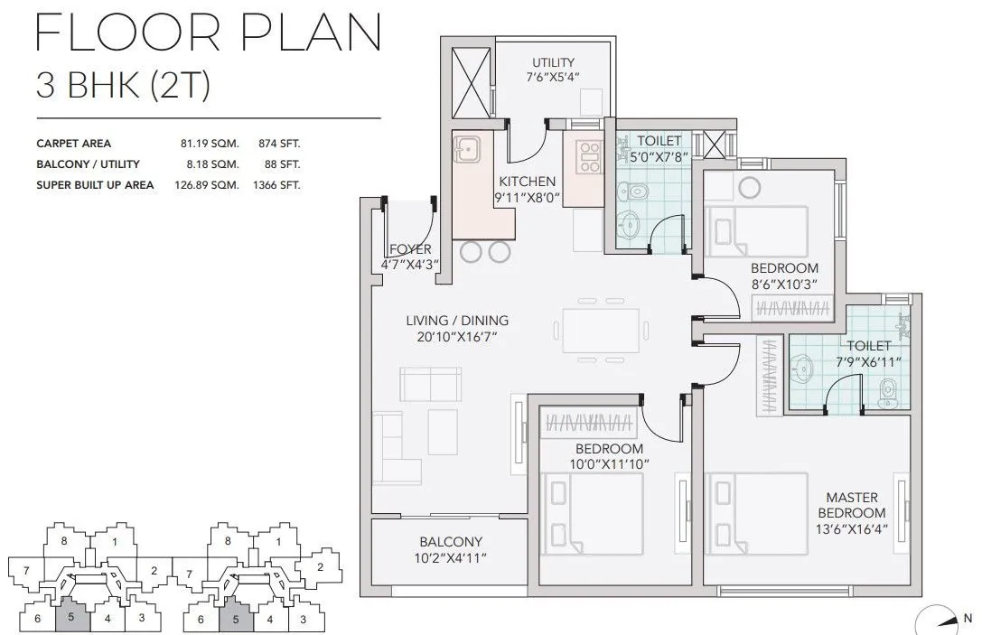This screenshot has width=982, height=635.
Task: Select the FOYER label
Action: click(x=410, y=249)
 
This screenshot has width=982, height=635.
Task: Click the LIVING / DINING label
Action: click(x=456, y=321)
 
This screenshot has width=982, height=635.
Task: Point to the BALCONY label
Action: click(x=451, y=542)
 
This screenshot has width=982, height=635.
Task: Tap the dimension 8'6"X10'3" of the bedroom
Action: click(x=784, y=284)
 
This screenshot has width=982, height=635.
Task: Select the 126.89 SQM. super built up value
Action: click(x=207, y=185)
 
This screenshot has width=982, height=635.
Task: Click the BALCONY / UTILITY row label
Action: click(x=88, y=164)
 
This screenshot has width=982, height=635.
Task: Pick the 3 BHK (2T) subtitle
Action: click(x=123, y=86)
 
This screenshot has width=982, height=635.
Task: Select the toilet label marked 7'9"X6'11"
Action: click(x=868, y=346)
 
